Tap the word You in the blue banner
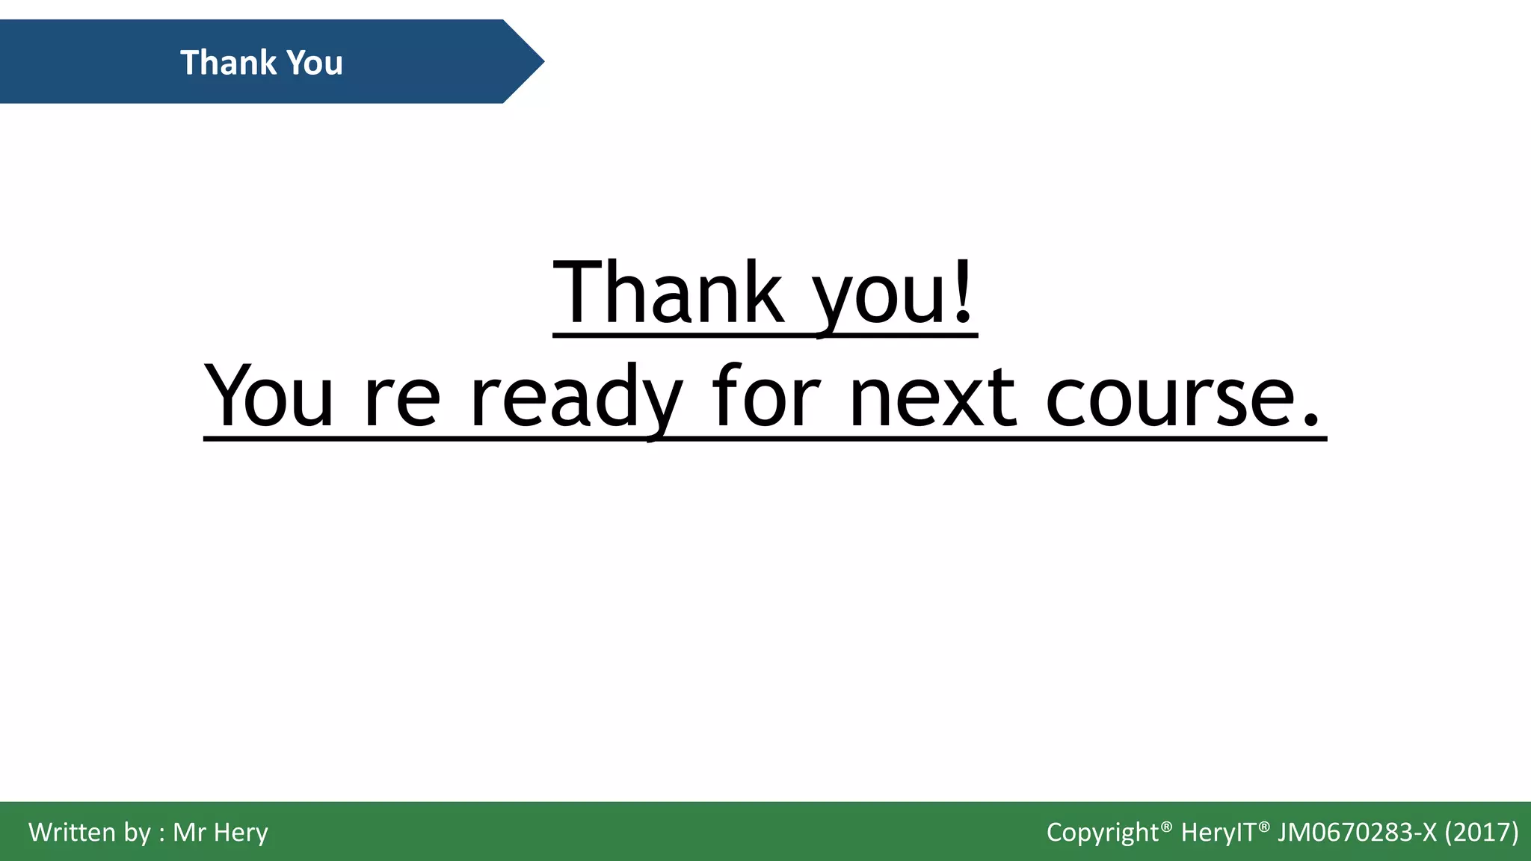[315, 63]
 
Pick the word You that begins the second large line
[269, 396]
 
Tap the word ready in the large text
[576, 396]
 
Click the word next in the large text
[933, 396]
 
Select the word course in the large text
[1168, 396]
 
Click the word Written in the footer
[72, 832]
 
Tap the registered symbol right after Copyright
[1166, 824]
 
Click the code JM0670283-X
[1357, 832]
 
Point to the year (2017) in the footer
[1482, 832]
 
